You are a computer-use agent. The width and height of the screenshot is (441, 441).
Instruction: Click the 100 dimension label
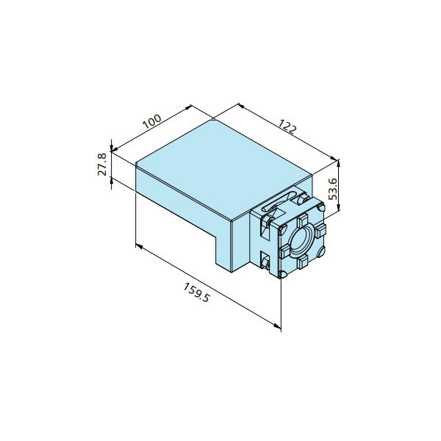[152, 121]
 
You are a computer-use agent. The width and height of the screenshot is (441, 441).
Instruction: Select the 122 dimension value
[287, 126]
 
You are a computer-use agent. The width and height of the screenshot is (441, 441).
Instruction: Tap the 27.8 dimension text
[102, 165]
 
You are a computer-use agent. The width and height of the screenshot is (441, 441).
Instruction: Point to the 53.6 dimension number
[333, 189]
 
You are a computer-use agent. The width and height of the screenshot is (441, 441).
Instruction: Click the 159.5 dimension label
[196, 293]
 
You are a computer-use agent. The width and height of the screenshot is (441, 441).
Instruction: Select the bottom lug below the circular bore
[302, 262]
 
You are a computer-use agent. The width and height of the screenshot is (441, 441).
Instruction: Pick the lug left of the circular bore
[284, 251]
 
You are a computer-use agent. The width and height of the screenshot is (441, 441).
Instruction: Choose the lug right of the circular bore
[320, 229]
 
